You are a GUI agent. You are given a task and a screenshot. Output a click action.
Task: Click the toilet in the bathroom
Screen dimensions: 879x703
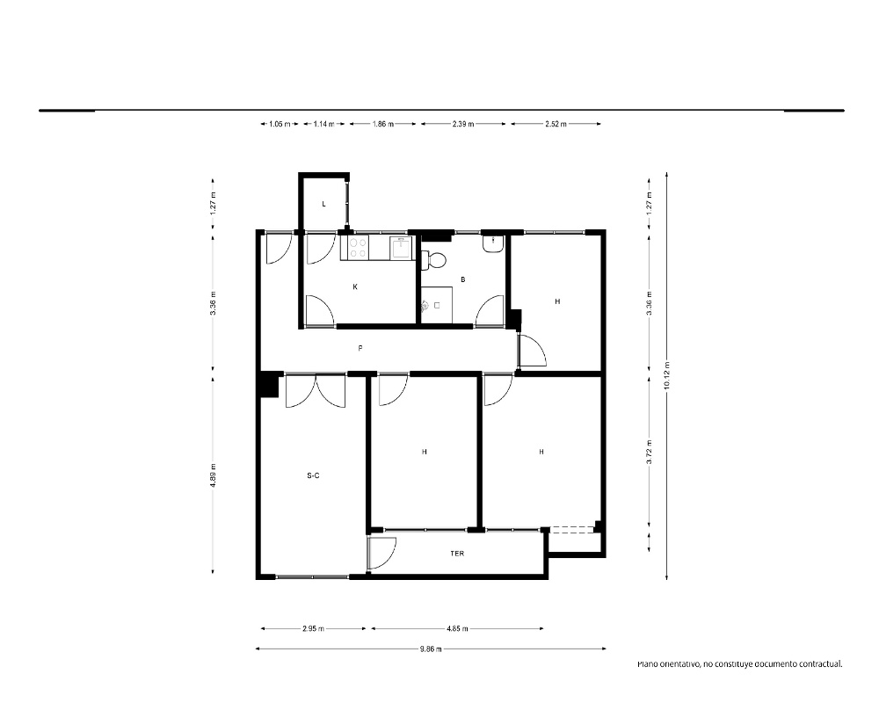[x=434, y=259]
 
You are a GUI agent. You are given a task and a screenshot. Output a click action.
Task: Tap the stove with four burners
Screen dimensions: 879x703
[x=359, y=247]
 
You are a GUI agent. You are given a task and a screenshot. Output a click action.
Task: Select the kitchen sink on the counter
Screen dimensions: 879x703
[x=401, y=247]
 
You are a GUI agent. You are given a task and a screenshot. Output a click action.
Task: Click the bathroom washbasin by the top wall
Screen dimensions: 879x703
[x=493, y=243]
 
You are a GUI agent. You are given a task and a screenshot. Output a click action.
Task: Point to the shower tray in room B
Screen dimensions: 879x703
[x=437, y=305]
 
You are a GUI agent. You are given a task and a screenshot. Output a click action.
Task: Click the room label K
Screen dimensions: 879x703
[x=355, y=287]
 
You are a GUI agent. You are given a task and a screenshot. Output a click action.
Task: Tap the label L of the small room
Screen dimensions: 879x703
[x=324, y=204]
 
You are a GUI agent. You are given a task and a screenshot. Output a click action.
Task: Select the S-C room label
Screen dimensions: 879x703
[x=314, y=476]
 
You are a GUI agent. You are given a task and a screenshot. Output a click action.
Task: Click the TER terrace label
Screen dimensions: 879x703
[x=457, y=554]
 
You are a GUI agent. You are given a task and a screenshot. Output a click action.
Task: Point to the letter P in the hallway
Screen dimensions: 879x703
[x=360, y=348]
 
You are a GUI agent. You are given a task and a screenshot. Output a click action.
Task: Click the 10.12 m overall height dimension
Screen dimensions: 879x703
[x=666, y=375]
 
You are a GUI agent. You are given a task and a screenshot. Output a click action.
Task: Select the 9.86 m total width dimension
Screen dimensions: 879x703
[x=431, y=649]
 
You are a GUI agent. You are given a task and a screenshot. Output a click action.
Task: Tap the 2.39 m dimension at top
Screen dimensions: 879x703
[x=463, y=124]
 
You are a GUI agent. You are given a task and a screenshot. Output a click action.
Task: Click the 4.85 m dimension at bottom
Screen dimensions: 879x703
[x=457, y=628]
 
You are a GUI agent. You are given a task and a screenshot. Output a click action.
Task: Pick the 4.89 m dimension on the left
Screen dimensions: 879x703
[x=213, y=475]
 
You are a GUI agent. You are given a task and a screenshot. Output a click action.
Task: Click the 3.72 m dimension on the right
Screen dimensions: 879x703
[x=650, y=453]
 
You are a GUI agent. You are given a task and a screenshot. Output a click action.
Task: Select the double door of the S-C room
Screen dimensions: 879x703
[x=316, y=391]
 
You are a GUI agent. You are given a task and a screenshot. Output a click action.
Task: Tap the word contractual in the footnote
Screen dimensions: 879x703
[x=820, y=664]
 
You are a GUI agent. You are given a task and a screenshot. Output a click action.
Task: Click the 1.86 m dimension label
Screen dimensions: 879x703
[x=383, y=124]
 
